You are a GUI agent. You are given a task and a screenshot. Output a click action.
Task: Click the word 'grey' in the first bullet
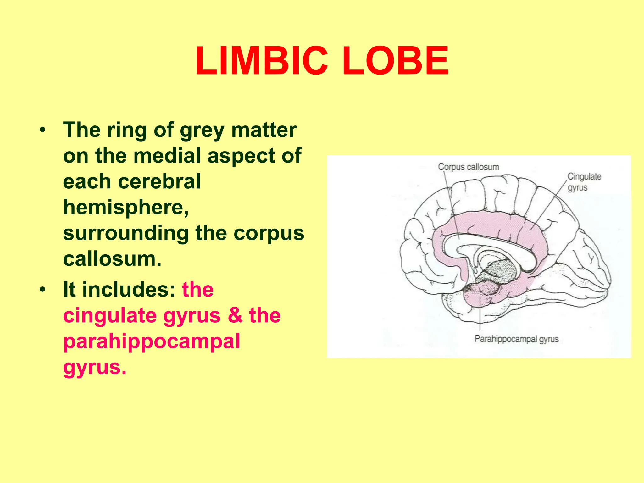pos(202,130)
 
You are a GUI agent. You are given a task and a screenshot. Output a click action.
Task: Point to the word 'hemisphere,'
pos(126,208)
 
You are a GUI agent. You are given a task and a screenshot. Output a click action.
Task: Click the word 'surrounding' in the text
pos(126,233)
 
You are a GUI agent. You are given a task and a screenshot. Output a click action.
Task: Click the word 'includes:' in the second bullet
pos(129,289)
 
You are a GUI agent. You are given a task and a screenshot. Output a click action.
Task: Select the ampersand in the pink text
pos(235,315)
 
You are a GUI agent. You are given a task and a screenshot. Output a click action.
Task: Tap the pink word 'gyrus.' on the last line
pos(95,367)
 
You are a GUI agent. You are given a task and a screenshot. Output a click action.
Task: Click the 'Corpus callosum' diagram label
pos(469,167)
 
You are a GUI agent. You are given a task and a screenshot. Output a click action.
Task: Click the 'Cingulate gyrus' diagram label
pos(584,182)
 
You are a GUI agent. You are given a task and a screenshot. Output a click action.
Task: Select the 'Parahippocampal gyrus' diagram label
pos(516,339)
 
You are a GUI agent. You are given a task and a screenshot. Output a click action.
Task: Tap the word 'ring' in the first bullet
pos(127,130)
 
